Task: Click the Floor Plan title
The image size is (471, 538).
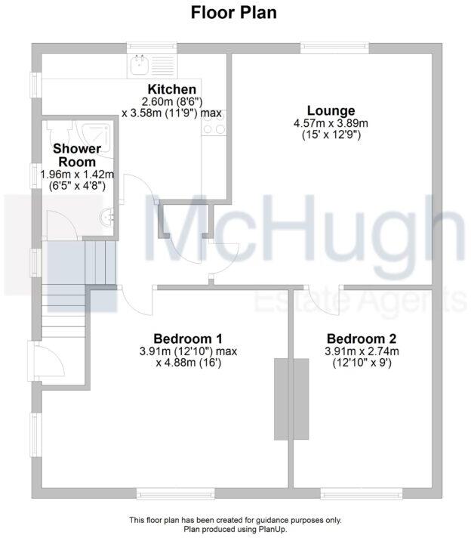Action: click(235, 12)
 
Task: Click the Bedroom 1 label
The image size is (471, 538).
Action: click(187, 339)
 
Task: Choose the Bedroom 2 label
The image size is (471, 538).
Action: click(361, 339)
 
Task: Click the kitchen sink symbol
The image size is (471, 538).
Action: click(140, 66)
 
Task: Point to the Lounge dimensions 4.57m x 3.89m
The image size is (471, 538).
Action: click(331, 124)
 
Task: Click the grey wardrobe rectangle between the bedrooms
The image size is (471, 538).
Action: click(291, 398)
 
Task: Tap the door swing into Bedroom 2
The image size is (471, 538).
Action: click(323, 299)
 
